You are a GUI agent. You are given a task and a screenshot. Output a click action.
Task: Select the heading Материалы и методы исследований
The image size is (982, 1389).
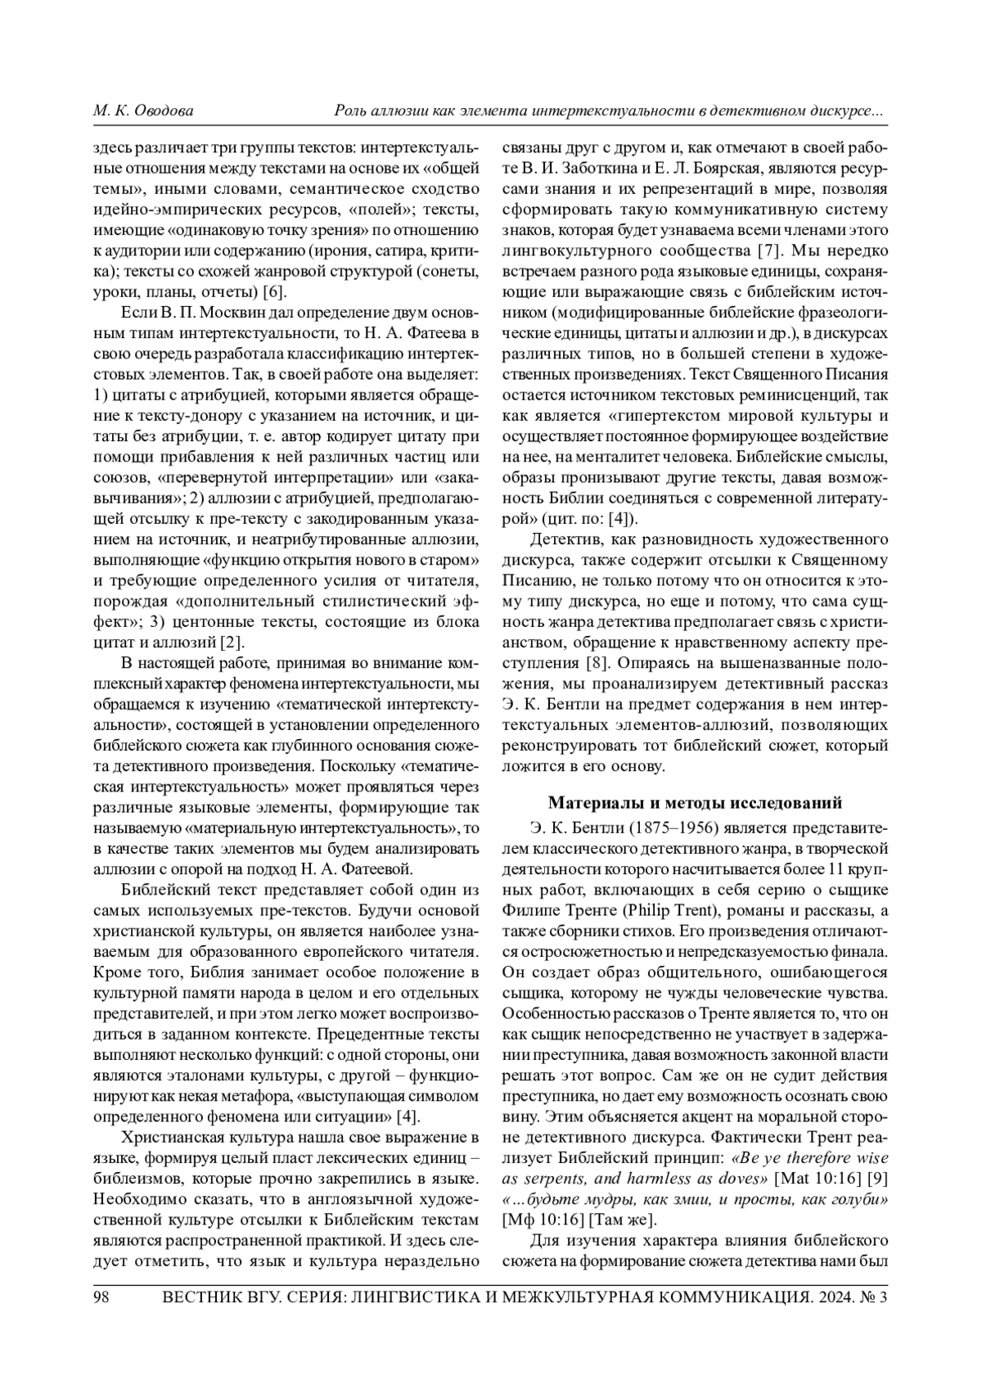tap(695, 802)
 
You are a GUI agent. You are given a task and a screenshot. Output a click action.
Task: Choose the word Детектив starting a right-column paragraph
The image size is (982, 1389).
tap(566, 539)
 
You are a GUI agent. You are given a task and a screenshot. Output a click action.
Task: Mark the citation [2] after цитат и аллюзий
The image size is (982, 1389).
tap(233, 642)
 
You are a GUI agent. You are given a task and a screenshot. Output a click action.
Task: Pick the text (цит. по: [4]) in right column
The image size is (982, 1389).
tap(592, 518)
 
